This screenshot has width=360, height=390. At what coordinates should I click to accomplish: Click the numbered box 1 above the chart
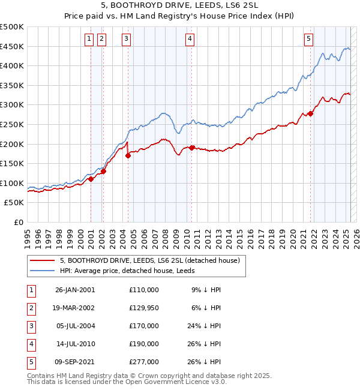click(x=89, y=39)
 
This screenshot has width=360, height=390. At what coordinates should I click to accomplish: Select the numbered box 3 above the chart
click(x=127, y=39)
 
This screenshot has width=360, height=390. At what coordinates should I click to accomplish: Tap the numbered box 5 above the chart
click(x=308, y=39)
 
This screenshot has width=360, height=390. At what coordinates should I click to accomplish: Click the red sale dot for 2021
click(x=311, y=113)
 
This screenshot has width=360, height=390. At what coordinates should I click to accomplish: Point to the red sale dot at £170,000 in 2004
click(x=128, y=155)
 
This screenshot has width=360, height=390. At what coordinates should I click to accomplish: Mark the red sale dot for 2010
click(x=191, y=148)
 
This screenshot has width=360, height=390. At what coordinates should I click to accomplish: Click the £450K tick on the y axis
click(x=12, y=46)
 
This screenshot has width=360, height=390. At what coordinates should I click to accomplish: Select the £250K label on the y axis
click(x=12, y=124)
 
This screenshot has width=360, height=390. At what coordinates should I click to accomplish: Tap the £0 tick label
click(x=18, y=222)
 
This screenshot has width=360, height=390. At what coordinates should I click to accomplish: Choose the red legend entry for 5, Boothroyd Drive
click(x=149, y=260)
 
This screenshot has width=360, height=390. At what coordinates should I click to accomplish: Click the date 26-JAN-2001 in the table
click(x=74, y=290)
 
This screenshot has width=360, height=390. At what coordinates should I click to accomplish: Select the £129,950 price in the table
click(x=143, y=308)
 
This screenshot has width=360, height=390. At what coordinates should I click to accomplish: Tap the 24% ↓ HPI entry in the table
click(x=204, y=326)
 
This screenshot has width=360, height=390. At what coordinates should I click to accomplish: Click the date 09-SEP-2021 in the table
click(x=74, y=362)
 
